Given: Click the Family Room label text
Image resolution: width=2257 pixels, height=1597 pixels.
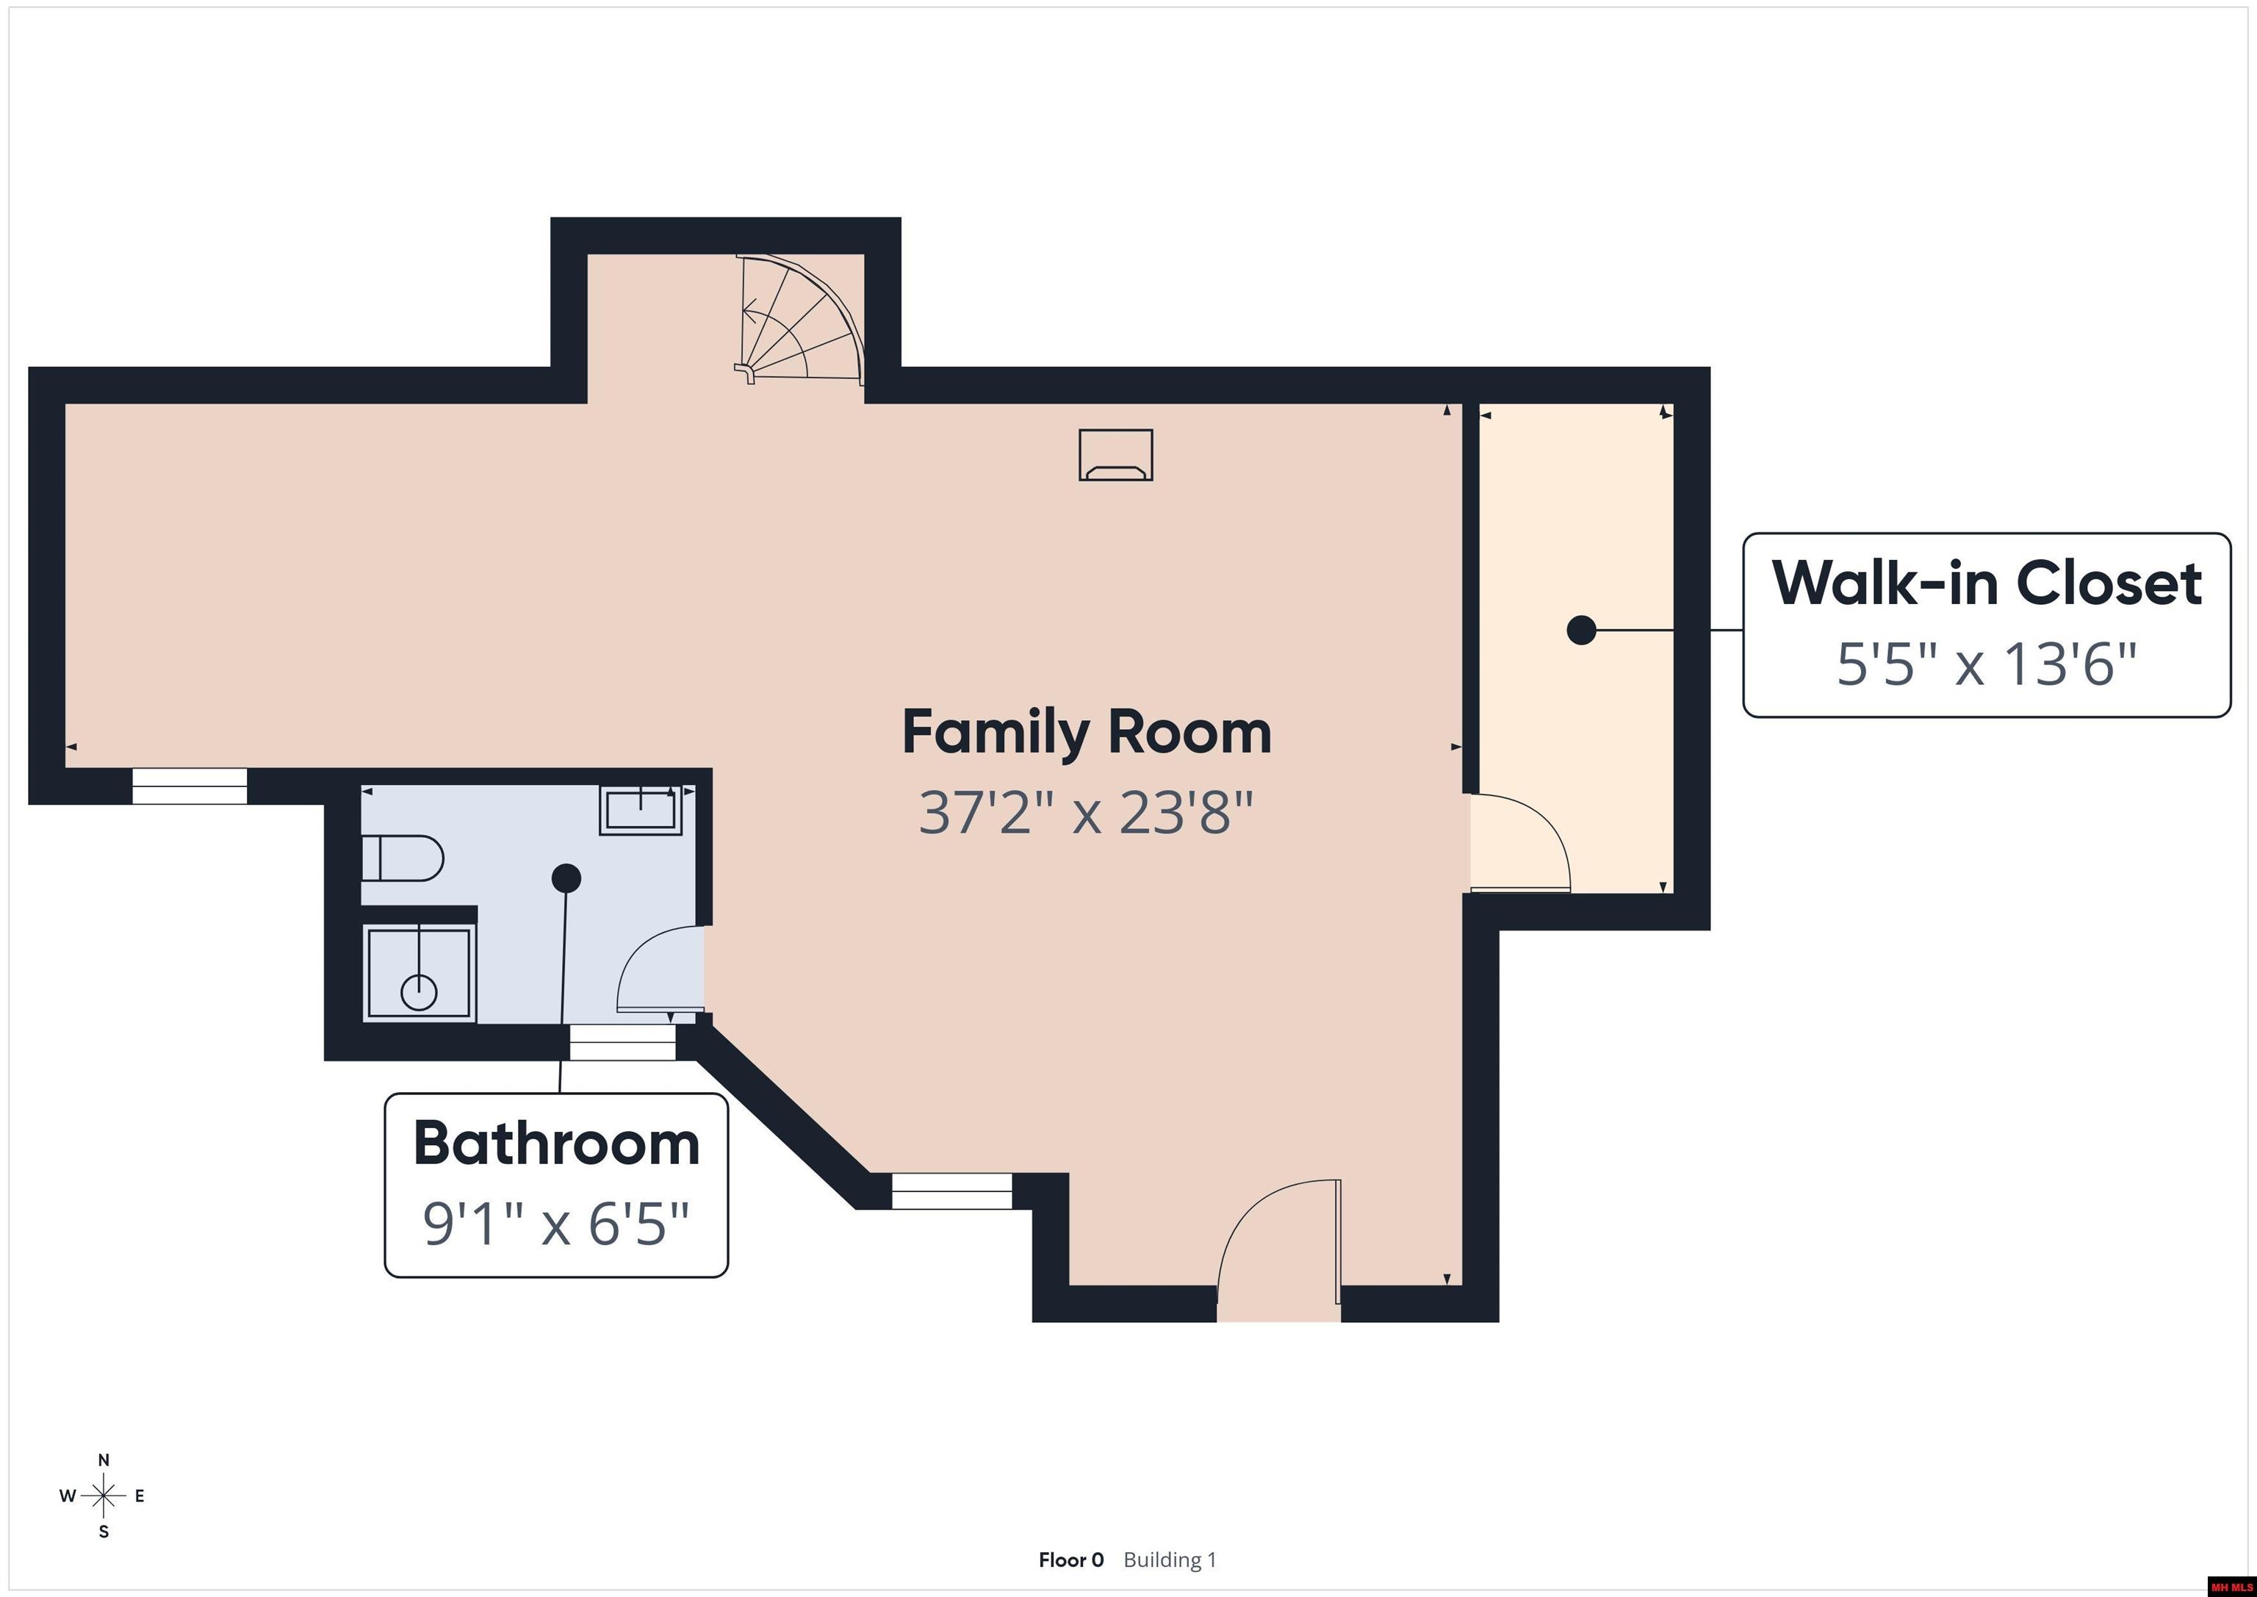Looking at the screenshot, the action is pyautogui.click(x=1086, y=733).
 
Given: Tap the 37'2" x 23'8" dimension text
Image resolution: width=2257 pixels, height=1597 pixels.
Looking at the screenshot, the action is pyautogui.click(x=1086, y=814).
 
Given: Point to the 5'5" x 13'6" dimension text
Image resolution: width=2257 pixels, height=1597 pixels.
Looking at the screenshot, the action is pyautogui.click(x=1987, y=664).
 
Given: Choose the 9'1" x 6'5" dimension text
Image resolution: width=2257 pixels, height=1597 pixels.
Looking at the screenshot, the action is pyautogui.click(x=556, y=1224).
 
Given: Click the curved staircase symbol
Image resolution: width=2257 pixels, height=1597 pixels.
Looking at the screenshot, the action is pyautogui.click(x=801, y=320).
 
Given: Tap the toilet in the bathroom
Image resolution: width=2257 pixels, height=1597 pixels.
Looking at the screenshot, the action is pyautogui.click(x=402, y=858).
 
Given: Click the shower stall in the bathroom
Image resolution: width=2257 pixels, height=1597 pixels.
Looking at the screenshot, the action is pyautogui.click(x=420, y=972).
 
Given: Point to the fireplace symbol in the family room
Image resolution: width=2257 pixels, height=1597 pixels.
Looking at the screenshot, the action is pyautogui.click(x=1116, y=456).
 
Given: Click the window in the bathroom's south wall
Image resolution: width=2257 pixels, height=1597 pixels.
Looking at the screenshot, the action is pyautogui.click(x=623, y=1042).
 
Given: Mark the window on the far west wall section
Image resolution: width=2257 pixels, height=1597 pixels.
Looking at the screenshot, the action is pyautogui.click(x=190, y=786).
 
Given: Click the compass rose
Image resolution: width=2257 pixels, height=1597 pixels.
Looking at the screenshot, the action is pyautogui.click(x=103, y=1496).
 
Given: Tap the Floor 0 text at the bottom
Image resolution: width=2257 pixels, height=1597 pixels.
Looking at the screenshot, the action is pyautogui.click(x=1070, y=1560).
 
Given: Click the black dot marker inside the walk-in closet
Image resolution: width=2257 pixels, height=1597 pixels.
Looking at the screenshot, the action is pyautogui.click(x=1580, y=629).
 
